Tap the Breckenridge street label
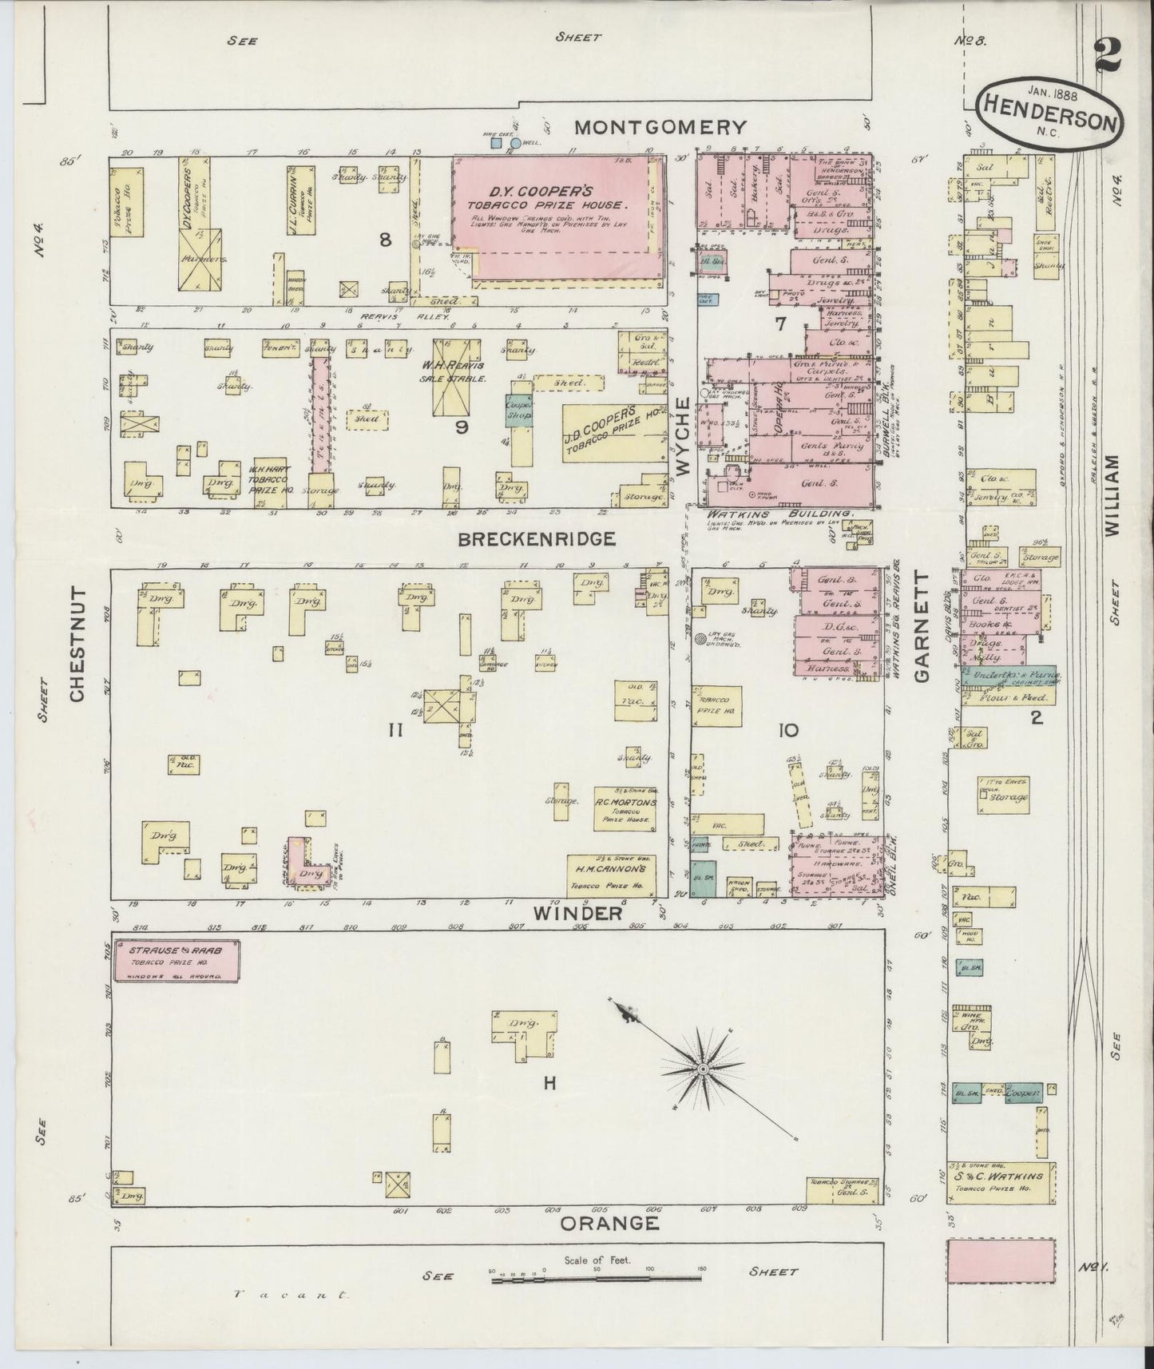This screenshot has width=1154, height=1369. tap(537, 539)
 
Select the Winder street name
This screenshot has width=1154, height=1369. tap(580, 913)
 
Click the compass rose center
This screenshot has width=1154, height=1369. tap(702, 1069)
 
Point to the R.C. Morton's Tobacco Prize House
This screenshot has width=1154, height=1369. tap(625, 809)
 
